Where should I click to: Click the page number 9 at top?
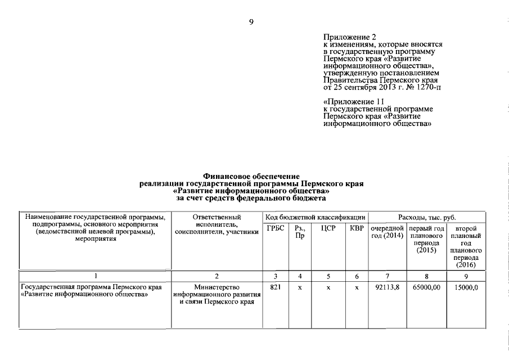point(251,22)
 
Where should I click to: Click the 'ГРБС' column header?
point(276,228)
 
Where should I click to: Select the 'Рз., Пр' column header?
point(300,232)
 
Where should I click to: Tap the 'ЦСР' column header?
point(328,228)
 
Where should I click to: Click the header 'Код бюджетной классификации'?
point(316,217)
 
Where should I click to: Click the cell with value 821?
point(276,287)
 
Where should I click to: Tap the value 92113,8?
point(387,287)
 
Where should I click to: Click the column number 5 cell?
point(328,276)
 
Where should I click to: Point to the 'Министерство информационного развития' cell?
point(217,295)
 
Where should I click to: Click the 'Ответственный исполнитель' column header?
point(217,224)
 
